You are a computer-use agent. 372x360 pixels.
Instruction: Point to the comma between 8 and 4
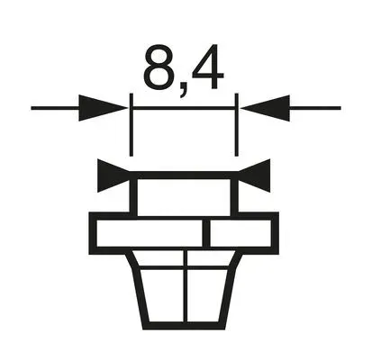click(x=183, y=90)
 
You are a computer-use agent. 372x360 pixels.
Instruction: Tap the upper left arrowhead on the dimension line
click(x=103, y=108)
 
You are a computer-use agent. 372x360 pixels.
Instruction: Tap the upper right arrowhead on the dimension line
click(x=265, y=108)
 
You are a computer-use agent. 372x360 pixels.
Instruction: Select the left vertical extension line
click(x=131, y=125)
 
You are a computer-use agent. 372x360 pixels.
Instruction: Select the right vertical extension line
click(x=236, y=125)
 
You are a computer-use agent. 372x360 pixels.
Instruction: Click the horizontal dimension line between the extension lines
click(x=184, y=108)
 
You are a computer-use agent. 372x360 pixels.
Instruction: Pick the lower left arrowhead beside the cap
click(x=113, y=175)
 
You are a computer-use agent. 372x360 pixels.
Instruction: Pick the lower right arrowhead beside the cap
click(x=254, y=175)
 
